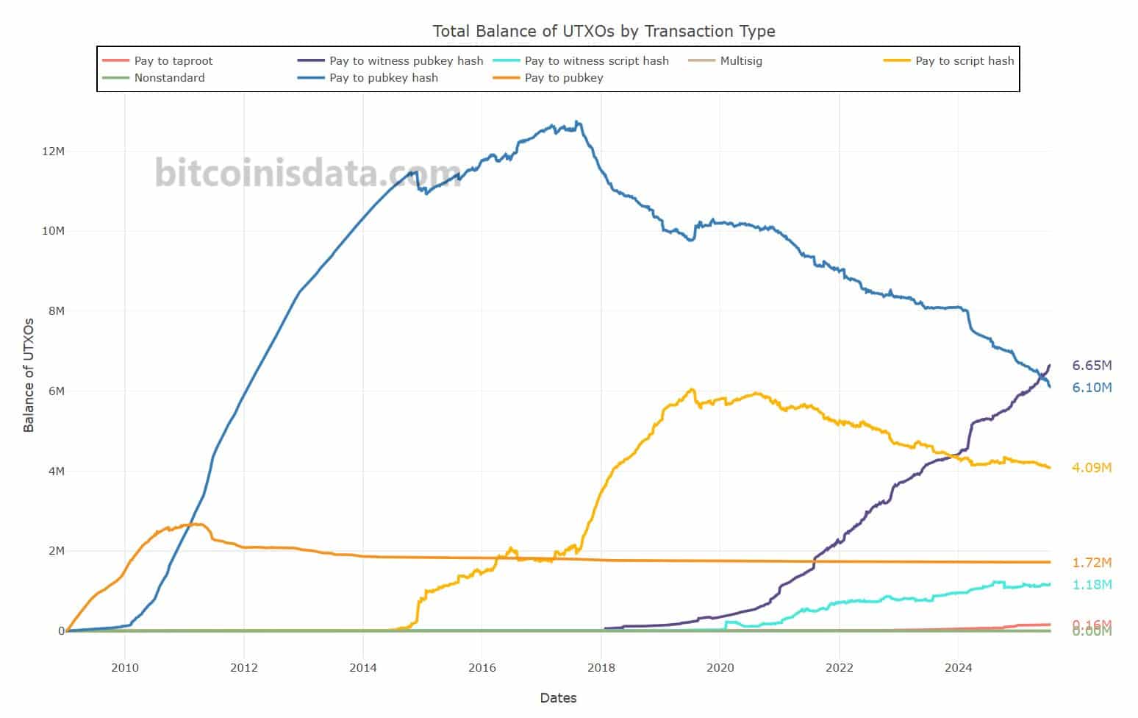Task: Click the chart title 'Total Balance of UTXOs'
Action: (x=603, y=31)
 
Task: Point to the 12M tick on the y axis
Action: (x=54, y=152)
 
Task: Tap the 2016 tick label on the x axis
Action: (x=482, y=668)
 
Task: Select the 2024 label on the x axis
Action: (x=958, y=668)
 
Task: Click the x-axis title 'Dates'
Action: (x=558, y=698)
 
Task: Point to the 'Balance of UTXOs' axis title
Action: (x=29, y=375)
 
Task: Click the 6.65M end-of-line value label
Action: (x=1092, y=366)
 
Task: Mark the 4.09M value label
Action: (x=1092, y=468)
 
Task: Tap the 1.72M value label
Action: (x=1092, y=563)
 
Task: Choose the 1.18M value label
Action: (x=1092, y=585)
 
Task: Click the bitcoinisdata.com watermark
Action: (x=307, y=174)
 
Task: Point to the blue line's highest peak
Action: (x=577, y=122)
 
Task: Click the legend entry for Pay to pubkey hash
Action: (x=383, y=78)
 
